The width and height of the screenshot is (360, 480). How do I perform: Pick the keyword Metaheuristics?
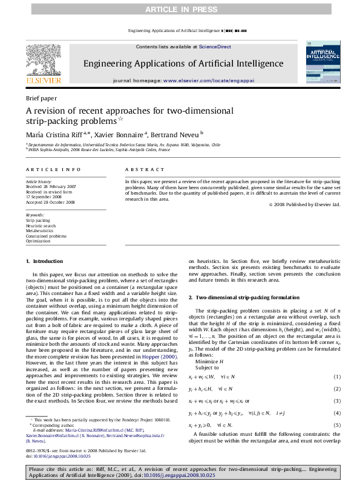(x=40, y=231)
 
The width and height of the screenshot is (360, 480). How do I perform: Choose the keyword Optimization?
(x=38, y=241)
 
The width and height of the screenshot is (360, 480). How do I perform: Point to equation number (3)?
(x=337, y=401)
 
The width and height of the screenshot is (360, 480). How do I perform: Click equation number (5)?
(x=337, y=426)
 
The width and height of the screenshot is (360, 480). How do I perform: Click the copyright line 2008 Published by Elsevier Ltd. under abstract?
(x=307, y=204)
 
